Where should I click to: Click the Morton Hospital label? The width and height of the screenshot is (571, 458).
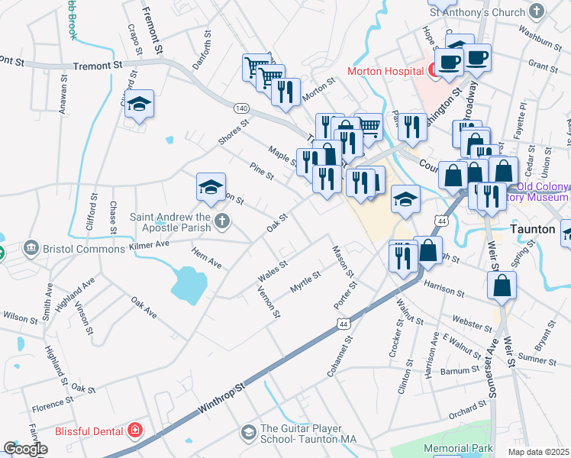[386, 71]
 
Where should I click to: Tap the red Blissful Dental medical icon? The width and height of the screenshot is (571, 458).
[135, 431]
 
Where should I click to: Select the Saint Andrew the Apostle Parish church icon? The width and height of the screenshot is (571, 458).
[221, 221]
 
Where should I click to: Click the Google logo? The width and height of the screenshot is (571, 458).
[25, 449]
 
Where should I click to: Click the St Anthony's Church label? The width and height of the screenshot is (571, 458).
[477, 11]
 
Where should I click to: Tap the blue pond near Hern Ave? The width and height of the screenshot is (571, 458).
[189, 283]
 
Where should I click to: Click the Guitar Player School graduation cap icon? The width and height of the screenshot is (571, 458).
[248, 433]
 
